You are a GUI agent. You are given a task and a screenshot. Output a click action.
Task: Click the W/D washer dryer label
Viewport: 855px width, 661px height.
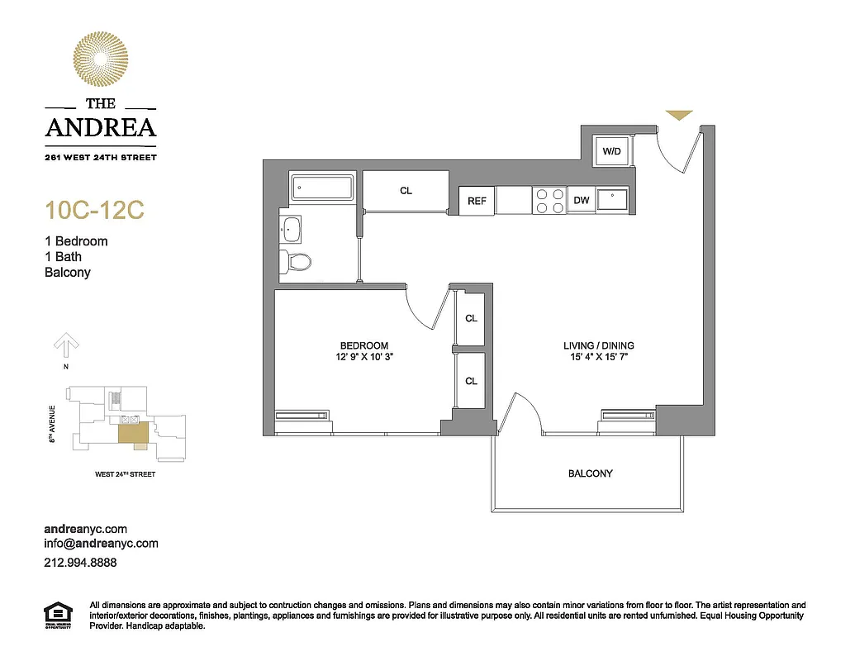tap(612, 151)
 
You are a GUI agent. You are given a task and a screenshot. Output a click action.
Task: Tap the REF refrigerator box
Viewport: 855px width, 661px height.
tap(477, 201)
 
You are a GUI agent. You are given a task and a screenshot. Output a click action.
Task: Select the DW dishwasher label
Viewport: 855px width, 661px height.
tap(581, 201)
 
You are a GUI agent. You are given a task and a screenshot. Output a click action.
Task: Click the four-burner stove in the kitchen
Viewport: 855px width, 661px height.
tap(549, 201)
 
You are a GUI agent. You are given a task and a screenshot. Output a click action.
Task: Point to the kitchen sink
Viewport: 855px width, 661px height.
tap(612, 199)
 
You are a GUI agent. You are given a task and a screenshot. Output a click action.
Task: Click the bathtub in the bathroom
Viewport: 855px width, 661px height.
tap(321, 189)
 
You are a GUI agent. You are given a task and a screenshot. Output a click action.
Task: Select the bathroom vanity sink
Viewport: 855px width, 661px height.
tap(292, 228)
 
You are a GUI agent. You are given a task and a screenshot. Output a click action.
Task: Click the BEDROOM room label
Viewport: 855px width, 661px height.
tap(363, 345)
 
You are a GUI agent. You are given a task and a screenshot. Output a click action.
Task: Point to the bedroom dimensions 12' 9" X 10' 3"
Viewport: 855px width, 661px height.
tap(363, 358)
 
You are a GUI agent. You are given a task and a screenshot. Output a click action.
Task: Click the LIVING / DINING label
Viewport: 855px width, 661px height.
tap(599, 345)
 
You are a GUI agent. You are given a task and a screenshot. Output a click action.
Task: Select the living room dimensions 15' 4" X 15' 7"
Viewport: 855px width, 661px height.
tap(599, 358)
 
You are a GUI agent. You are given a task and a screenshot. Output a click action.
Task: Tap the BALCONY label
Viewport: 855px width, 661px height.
tap(590, 473)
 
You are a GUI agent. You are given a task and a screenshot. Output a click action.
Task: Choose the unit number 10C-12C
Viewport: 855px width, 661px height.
tap(94, 211)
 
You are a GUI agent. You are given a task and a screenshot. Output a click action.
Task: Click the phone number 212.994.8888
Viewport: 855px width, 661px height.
tap(80, 562)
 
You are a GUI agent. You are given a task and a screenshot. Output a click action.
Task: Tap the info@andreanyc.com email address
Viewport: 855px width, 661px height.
tap(100, 544)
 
